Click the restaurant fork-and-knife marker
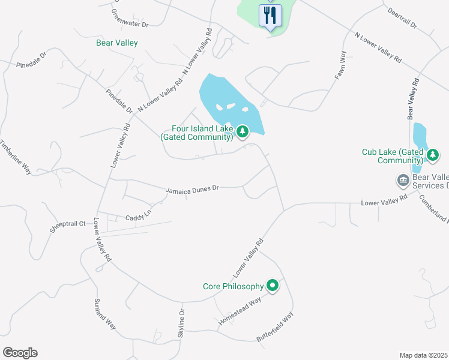coord(270,15)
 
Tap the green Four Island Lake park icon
coord(243,131)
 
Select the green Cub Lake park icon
coord(433,155)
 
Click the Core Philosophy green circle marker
coord(273,286)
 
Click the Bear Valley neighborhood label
coord(117,43)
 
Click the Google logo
coord(20,353)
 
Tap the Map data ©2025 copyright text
coord(424,355)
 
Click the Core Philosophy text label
coord(232,286)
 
